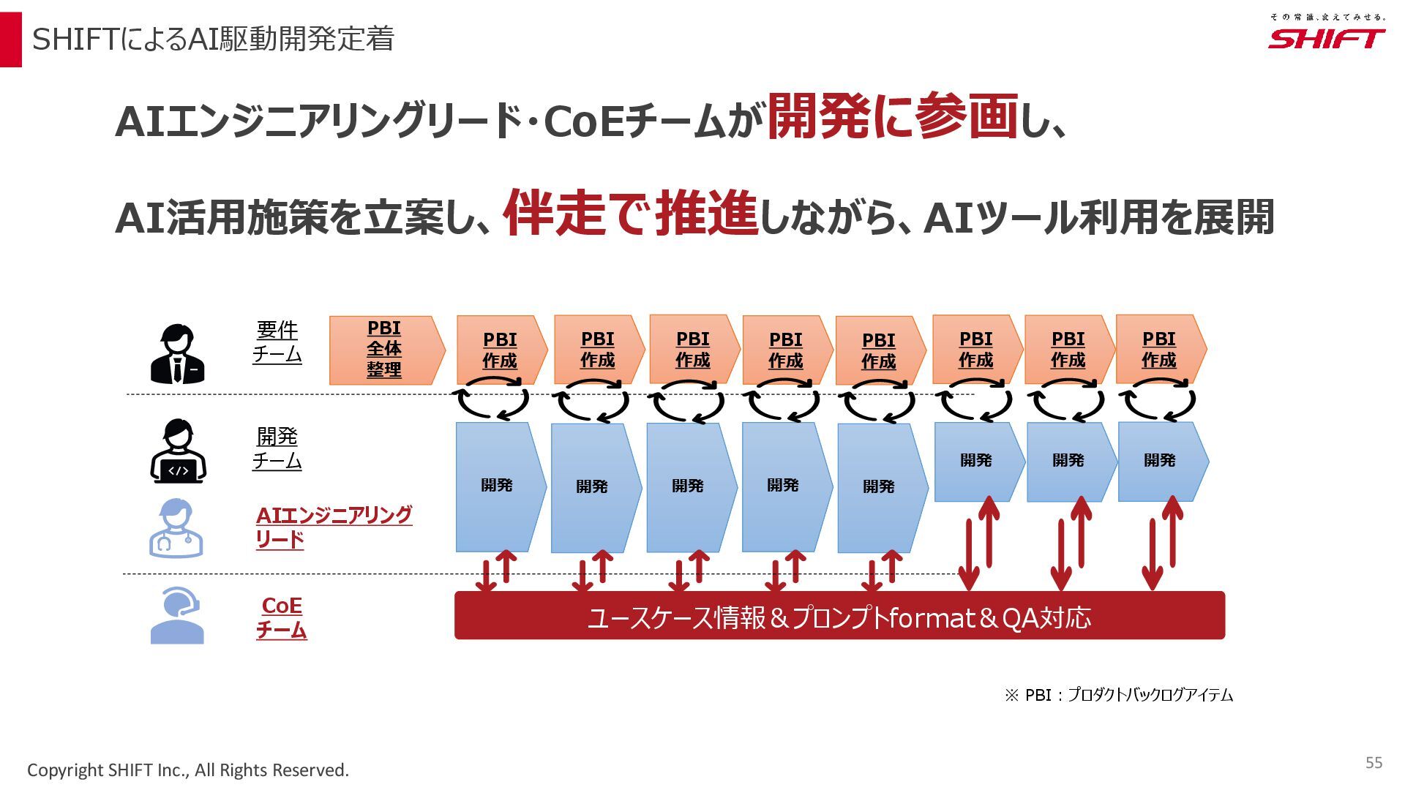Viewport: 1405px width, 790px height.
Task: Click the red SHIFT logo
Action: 1326,38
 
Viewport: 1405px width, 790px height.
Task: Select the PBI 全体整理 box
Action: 385,350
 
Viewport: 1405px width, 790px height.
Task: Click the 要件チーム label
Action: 277,342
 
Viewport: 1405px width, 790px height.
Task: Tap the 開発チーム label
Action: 277,448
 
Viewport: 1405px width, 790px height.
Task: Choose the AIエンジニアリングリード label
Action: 333,527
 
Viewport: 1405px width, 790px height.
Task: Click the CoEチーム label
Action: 282,617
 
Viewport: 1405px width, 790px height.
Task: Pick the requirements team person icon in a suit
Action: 177,354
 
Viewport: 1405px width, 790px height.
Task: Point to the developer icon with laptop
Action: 178,451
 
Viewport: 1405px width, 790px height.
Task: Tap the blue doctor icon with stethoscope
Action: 176,528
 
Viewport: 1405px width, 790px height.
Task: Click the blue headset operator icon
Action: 177,616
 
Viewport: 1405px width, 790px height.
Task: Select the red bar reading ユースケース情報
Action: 839,616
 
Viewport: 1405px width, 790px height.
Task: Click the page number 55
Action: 1374,763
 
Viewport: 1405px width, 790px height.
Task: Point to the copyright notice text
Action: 188,770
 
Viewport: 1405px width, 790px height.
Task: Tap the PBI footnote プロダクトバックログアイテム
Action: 1118,695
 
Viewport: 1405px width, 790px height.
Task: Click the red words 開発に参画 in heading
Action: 892,117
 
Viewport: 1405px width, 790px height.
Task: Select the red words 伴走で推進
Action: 630,213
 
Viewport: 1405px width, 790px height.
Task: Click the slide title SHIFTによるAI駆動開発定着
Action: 213,39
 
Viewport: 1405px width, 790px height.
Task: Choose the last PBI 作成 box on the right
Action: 1159,350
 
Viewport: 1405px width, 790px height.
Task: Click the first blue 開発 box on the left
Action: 498,486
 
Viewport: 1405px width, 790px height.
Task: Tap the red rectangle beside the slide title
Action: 11,39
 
